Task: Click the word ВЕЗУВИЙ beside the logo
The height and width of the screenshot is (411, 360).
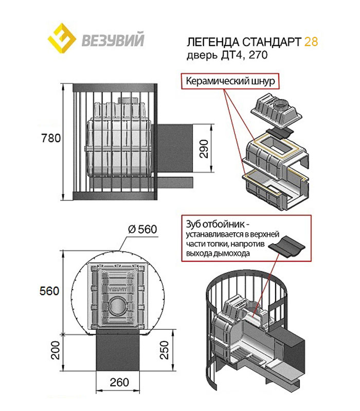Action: pos(111,39)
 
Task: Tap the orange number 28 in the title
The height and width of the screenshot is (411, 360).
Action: pos(311,42)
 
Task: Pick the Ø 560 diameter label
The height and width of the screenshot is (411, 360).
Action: pos(140,229)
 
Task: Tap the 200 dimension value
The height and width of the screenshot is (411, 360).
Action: pos(54,353)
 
